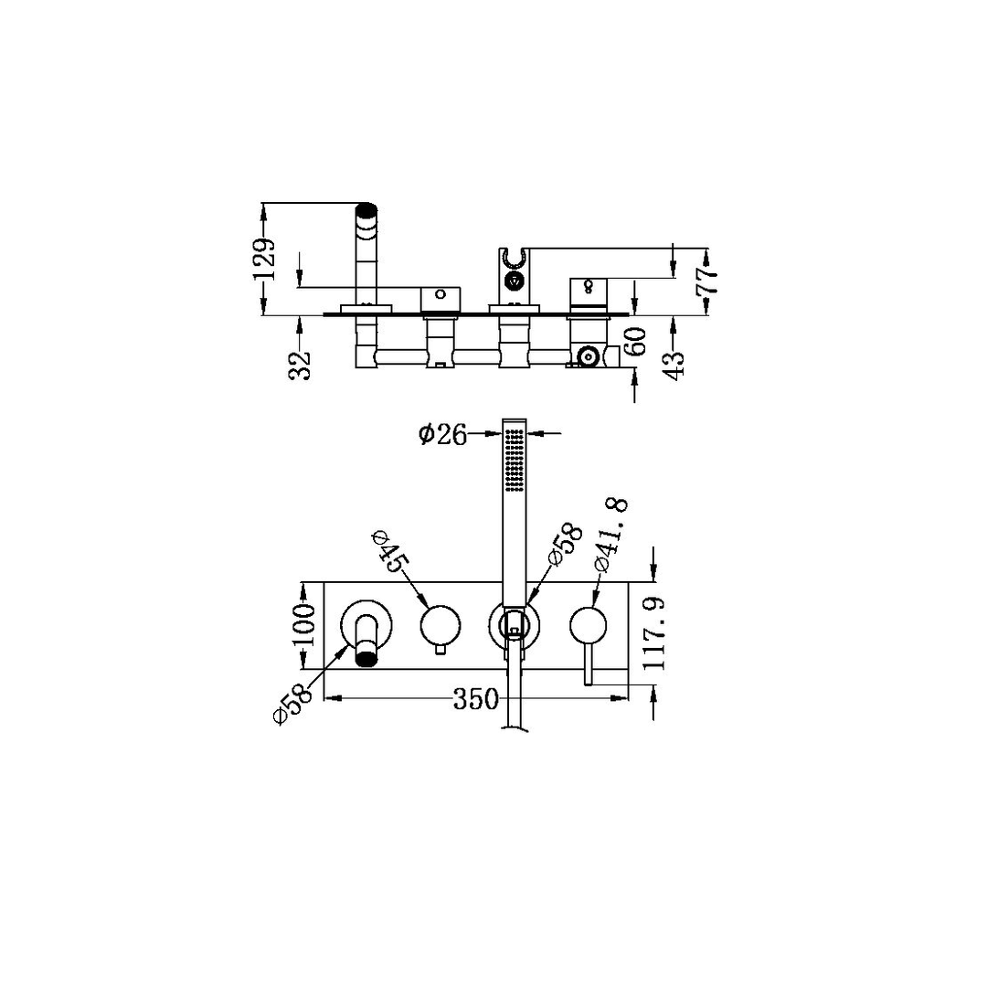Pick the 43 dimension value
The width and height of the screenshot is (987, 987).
click(x=674, y=363)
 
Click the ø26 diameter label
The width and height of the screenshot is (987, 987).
click(x=442, y=434)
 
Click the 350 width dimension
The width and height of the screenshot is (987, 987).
click(x=476, y=699)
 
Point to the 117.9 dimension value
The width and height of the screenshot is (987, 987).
click(x=653, y=633)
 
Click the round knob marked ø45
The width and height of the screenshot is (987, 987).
click(x=440, y=626)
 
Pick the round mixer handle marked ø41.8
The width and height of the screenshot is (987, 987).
click(x=589, y=627)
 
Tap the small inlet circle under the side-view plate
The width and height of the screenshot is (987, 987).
click(x=588, y=355)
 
